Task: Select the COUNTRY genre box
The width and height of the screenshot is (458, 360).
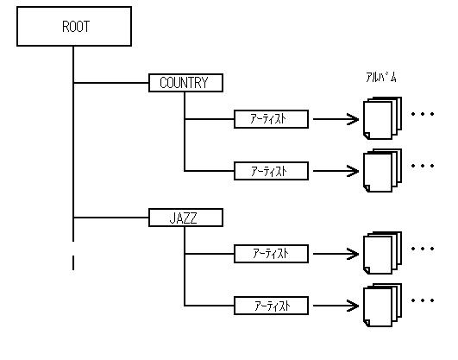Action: tap(185, 83)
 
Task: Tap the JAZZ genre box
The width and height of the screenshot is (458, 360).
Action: tap(185, 218)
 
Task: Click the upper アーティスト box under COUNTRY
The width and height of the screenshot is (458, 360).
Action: tap(271, 119)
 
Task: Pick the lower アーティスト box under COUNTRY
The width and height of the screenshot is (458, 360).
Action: tap(271, 171)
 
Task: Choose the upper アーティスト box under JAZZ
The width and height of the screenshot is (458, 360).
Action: tap(271, 254)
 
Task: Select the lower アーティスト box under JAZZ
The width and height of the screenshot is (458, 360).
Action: tap(271, 306)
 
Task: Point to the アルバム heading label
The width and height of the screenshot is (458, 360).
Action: tap(381, 78)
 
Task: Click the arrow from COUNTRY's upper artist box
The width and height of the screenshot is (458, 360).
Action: tap(336, 119)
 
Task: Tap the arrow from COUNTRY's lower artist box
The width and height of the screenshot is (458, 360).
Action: tap(336, 171)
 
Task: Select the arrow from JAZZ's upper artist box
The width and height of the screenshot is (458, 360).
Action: tap(336, 254)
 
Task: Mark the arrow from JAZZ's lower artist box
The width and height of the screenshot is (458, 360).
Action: tap(336, 306)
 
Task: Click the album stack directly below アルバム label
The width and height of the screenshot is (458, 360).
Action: tap(382, 118)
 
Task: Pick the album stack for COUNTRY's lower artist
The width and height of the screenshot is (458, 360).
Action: tap(382, 170)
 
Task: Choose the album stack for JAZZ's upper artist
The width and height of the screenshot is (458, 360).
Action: tap(382, 253)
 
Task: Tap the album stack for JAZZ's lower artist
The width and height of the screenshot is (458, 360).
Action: tap(382, 305)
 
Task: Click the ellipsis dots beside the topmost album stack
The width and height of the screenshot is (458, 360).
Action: tap(423, 114)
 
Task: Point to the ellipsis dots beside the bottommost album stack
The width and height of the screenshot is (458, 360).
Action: tap(423, 300)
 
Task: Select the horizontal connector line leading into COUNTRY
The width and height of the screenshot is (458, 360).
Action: tap(111, 83)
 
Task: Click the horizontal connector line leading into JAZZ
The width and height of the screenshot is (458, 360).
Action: tap(111, 218)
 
